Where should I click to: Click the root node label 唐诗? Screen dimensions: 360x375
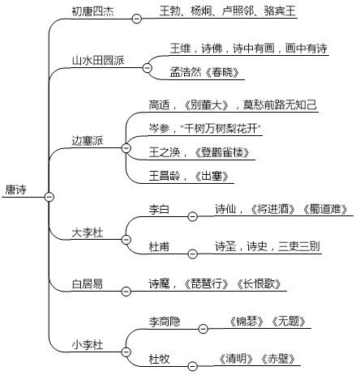[16, 190]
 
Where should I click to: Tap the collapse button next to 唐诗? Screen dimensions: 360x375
[49, 197]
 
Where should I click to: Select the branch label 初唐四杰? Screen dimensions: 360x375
[92, 11]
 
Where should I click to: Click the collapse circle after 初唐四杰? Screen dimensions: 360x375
[137, 19]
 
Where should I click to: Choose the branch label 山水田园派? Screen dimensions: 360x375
[98, 60]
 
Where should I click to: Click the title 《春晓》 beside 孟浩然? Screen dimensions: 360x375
[222, 72]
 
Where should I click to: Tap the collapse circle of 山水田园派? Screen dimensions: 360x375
[148, 67]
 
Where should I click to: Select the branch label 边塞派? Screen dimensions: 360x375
[88, 141]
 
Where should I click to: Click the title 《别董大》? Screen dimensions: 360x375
[207, 104]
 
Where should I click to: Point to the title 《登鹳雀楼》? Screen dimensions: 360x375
[222, 152]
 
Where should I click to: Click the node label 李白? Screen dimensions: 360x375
[159, 209]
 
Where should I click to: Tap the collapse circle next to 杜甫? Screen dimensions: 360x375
[192, 254]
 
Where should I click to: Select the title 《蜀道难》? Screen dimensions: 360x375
[325, 209]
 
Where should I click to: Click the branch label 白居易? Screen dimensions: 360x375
[88, 284]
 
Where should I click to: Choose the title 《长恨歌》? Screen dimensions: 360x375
[259, 283]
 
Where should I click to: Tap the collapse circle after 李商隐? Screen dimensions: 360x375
[204, 329]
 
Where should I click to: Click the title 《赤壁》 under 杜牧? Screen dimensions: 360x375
[277, 359]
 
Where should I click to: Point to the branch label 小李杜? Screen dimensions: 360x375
[88, 345]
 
